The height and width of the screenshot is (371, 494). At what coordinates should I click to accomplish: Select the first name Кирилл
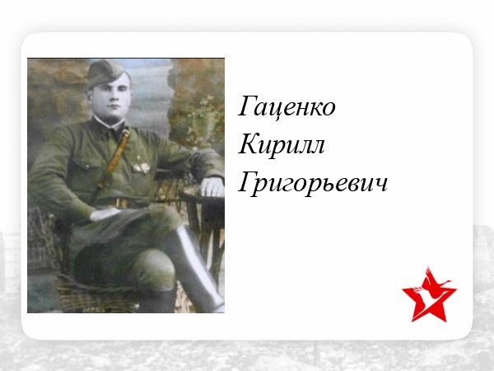(282, 144)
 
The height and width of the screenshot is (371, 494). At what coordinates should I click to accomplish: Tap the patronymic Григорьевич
(313, 183)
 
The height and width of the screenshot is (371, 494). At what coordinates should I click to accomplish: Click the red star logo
(429, 295)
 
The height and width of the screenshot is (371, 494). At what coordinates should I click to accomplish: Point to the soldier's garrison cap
(105, 73)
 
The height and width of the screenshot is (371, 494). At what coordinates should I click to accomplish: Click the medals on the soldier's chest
(141, 166)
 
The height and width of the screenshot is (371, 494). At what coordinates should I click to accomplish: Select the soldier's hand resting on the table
(212, 186)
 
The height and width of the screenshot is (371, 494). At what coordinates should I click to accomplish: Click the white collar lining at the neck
(109, 123)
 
